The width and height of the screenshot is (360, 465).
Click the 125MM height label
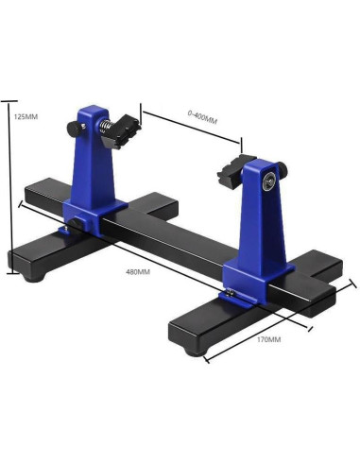pyautogui.click(x=26, y=116)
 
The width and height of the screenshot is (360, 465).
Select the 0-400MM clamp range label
pyautogui.click(x=201, y=120)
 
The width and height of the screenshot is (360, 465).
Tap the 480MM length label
pyautogui.click(x=138, y=271)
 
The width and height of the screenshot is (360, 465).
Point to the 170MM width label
pyautogui.click(x=267, y=337)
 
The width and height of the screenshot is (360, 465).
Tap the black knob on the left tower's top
pyautogui.click(x=74, y=126)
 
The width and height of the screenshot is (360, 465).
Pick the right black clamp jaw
pyautogui.click(x=232, y=170)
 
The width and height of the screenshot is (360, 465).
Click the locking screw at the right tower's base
pyautogui.click(x=231, y=296)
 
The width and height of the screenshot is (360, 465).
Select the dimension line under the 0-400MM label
pyautogui.click(x=194, y=131)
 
